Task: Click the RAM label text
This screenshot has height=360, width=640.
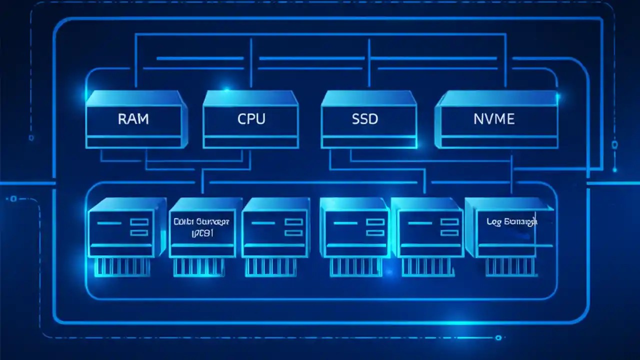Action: coord(133,119)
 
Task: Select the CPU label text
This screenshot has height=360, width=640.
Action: coord(251,119)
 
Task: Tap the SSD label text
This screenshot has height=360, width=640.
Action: coord(365,119)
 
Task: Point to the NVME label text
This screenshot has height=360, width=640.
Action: coord(493,119)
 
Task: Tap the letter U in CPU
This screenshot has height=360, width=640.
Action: coord(259,119)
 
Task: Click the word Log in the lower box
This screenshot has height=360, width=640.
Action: coord(493,221)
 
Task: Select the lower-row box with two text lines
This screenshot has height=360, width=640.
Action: coord(202,227)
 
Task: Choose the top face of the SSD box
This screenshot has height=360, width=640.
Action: coord(368,98)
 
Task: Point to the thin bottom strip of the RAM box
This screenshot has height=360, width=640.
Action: coord(133,142)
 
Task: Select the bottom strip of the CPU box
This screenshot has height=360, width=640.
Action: coord(250,142)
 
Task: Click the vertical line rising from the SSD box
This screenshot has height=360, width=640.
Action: coord(369,65)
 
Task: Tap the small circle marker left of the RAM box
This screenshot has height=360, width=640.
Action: coord(31,137)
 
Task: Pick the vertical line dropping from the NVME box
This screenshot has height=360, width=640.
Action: coord(511,172)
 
